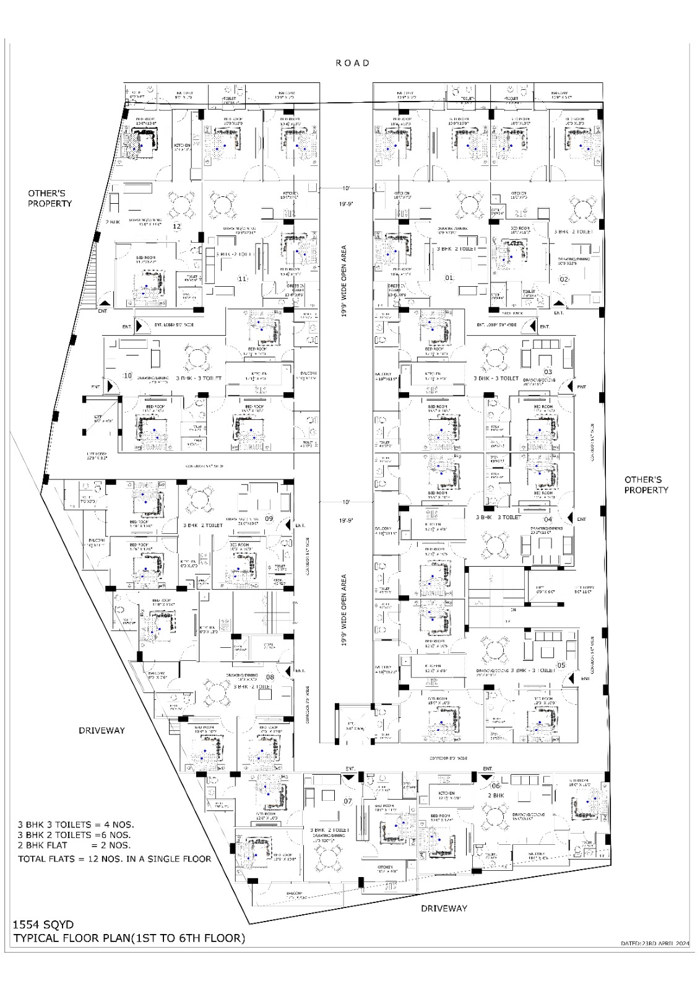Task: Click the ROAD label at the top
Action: [353, 63]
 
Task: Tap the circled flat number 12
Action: [176, 227]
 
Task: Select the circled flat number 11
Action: [243, 279]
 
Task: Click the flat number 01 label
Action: [449, 278]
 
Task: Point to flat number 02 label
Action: [564, 279]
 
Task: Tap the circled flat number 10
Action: [128, 375]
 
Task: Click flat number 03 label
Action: [548, 372]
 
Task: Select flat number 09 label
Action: [269, 518]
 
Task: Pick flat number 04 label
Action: [548, 519]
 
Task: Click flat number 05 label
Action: [561, 665]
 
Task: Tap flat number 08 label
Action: [270, 677]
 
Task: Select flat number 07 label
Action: [348, 801]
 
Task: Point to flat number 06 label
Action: [495, 786]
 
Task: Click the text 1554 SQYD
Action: [43, 925]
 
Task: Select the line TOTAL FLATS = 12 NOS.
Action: [115, 858]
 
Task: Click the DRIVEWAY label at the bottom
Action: [444, 908]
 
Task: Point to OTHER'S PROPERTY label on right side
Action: [646, 484]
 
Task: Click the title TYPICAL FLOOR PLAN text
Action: [129, 938]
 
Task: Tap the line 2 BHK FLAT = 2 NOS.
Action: [74, 845]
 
